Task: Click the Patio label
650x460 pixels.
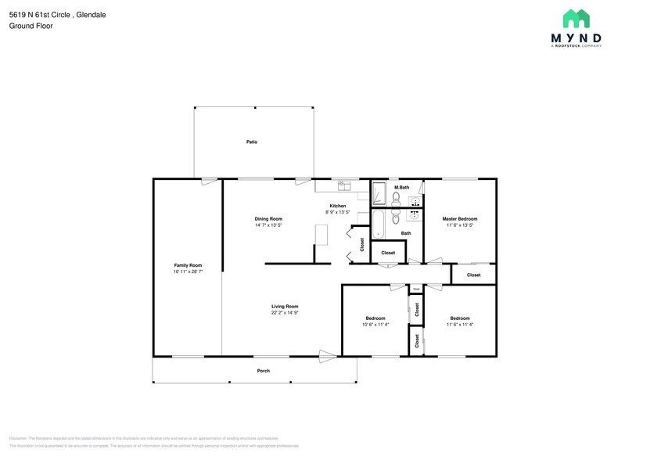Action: [x=252, y=142]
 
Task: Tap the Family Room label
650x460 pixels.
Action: [x=188, y=265]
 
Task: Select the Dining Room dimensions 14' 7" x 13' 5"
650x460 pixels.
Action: [x=268, y=225]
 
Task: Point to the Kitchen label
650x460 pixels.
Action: [x=337, y=206]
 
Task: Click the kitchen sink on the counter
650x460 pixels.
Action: [x=343, y=185]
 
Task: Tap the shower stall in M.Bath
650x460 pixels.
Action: [x=379, y=193]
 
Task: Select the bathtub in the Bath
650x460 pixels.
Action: [x=379, y=224]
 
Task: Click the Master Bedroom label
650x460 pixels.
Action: [x=459, y=218]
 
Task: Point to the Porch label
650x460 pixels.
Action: [x=264, y=371]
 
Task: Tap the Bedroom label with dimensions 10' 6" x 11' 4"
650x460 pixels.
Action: [x=375, y=318]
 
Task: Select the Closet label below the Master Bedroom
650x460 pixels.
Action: [x=474, y=275]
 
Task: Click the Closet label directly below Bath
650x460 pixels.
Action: [x=388, y=253]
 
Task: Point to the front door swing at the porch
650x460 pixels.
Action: [x=328, y=356]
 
